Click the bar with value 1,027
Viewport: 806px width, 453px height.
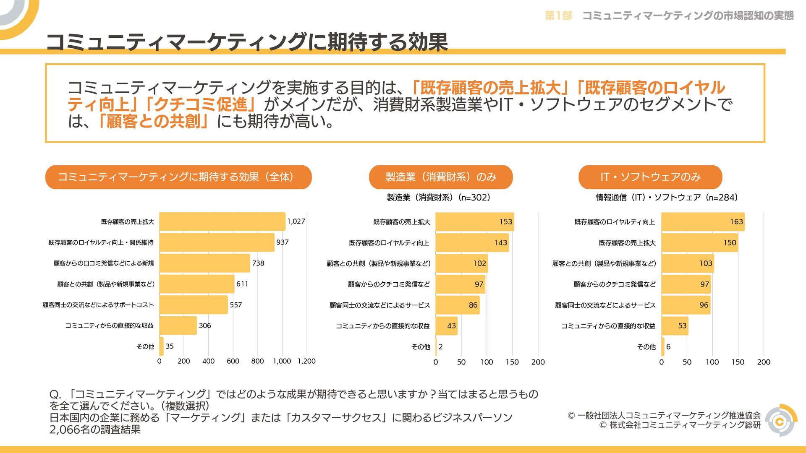pos(222,221)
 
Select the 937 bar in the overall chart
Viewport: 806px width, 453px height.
pos(217,242)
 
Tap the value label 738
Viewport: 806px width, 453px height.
pos(258,263)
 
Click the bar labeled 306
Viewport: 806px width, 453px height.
pos(178,325)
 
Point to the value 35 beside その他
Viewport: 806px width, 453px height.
pos(170,346)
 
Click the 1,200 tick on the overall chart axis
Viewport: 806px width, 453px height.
pos(306,361)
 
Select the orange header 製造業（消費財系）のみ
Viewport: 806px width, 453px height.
pos(441,177)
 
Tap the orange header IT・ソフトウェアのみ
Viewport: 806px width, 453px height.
pos(650,177)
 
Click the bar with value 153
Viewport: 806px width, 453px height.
pos(474,221)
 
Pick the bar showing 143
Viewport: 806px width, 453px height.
pos(472,242)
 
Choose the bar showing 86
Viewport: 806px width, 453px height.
pos(458,305)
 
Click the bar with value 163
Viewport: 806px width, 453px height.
pos(703,221)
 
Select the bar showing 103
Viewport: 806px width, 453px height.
pos(687,263)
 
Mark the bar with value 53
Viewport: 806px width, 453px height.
pos(675,326)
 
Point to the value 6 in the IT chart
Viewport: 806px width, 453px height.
pos(668,347)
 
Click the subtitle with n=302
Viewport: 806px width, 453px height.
pos(438,198)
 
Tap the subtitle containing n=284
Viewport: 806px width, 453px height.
pos(666,198)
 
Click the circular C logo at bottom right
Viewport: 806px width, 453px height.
pos(780,421)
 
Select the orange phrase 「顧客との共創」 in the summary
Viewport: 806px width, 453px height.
pos(153,122)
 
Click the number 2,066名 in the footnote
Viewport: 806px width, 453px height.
pos(68,430)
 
